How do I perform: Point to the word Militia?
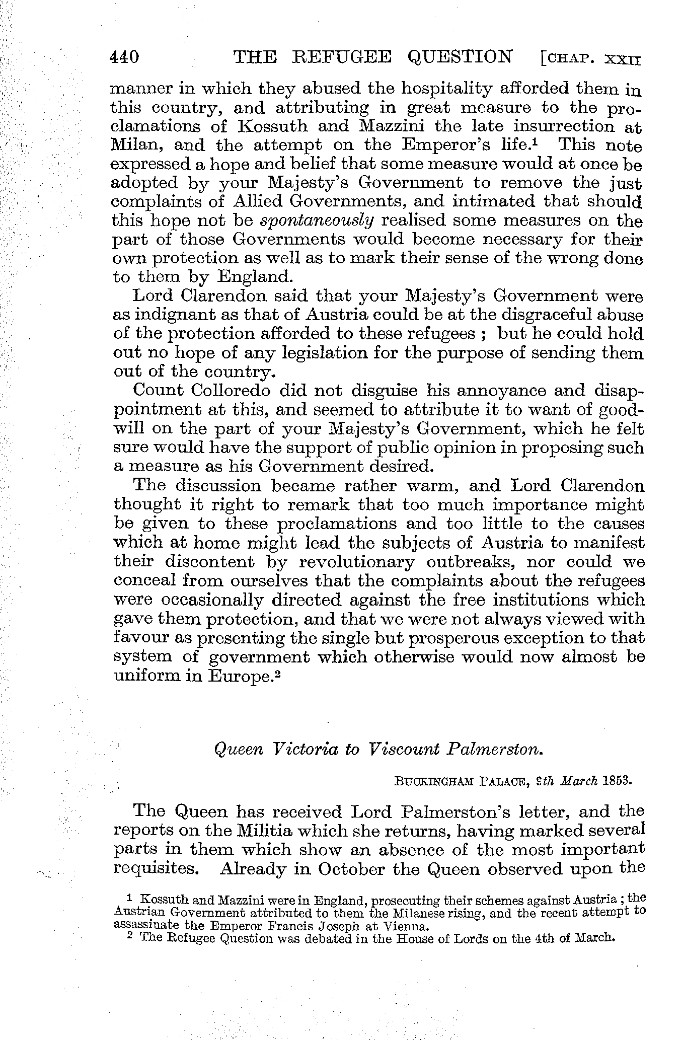(x=241, y=831)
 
